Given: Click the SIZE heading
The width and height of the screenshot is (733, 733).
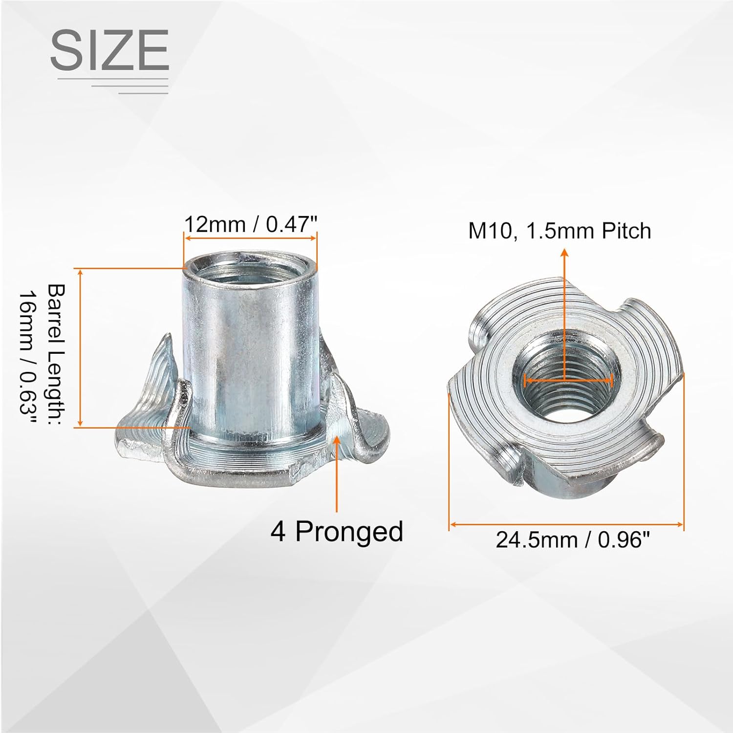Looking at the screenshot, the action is point(109,50).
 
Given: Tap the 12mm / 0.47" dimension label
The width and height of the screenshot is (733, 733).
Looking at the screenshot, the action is point(251,224).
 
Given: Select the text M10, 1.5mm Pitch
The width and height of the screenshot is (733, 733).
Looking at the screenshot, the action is point(560,231).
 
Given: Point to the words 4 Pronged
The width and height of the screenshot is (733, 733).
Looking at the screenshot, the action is point(337,531).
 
